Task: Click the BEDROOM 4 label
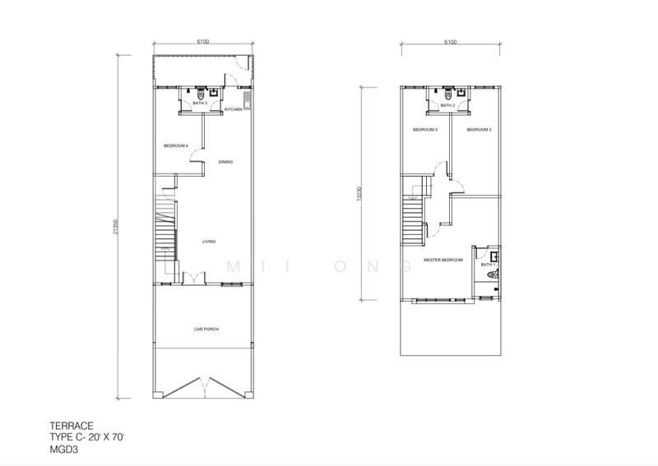click(x=176, y=146)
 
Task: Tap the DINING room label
click(x=225, y=162)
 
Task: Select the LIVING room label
click(x=209, y=242)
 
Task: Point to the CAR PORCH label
click(x=206, y=329)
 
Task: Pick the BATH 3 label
click(x=200, y=104)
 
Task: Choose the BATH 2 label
click(x=447, y=106)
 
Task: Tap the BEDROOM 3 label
click(x=424, y=130)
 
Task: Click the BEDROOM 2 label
click(x=479, y=130)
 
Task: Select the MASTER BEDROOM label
click(x=443, y=260)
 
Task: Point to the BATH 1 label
click(x=489, y=265)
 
